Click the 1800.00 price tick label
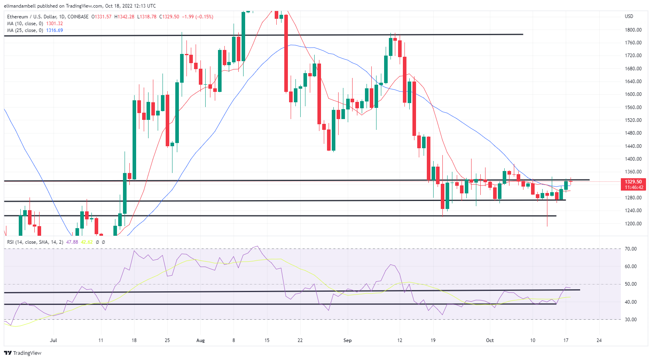(x=633, y=30)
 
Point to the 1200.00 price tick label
(x=633, y=224)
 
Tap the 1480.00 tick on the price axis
(x=633, y=133)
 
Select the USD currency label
(x=629, y=16)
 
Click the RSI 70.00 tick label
(x=630, y=249)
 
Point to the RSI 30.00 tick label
(x=630, y=320)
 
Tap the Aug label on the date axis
(x=200, y=340)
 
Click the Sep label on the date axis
(x=347, y=340)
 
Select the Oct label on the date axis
(x=489, y=340)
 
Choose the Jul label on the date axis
(x=53, y=340)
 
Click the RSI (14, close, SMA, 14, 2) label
(x=35, y=242)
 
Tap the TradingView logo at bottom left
(x=23, y=353)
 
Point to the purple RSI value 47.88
(x=72, y=242)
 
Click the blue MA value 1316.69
(x=54, y=30)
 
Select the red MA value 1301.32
(x=54, y=24)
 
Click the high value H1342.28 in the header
(x=124, y=17)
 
